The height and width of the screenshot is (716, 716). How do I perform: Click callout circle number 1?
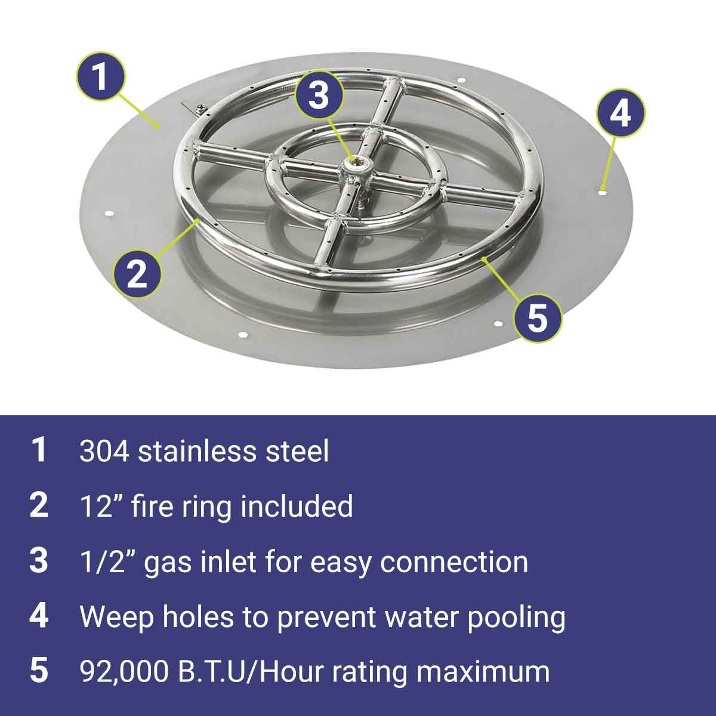point(101,76)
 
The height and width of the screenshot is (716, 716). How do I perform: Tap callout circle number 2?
point(137,274)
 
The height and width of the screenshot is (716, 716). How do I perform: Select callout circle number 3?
point(320,95)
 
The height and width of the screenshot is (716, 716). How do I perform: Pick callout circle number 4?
point(621,113)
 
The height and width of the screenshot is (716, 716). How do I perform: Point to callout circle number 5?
point(538,317)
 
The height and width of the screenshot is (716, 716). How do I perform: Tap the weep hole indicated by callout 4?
point(602,193)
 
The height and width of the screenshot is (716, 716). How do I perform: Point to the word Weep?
point(117,619)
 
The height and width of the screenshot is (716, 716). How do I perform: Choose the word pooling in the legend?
point(517,619)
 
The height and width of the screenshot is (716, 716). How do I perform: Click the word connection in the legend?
point(453,561)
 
